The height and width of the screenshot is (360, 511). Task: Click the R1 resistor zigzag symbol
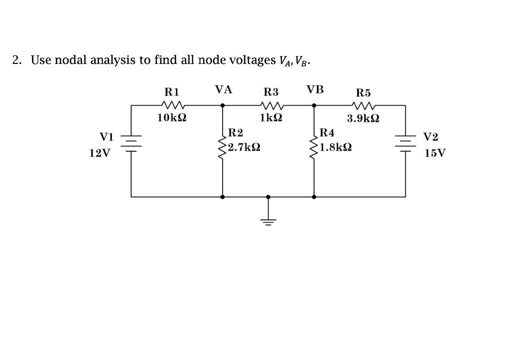coord(173,105)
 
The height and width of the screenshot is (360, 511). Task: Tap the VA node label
coord(224,90)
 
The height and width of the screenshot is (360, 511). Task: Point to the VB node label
coord(315,90)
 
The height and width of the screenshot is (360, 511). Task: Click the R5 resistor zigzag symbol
coord(363,105)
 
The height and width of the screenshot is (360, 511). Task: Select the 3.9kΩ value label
coord(363,119)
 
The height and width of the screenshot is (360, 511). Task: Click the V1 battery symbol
coord(132,141)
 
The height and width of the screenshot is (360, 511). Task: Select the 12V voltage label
coord(100,153)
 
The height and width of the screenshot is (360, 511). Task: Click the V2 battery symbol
coord(405,141)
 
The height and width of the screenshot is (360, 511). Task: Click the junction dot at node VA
coord(222,105)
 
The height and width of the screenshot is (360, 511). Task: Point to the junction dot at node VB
coord(314,105)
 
